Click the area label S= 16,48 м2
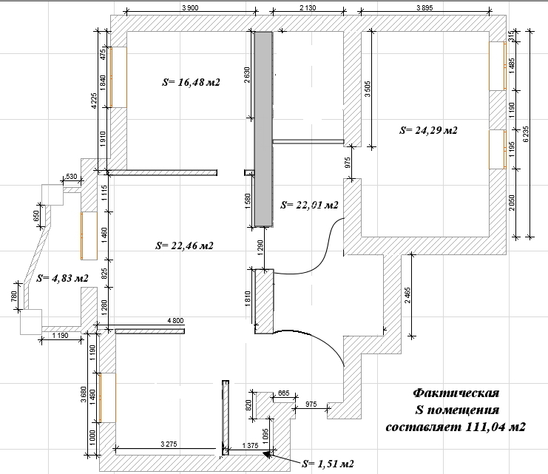[x=191, y=82]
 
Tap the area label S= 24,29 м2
[x=428, y=130]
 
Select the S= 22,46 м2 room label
[x=184, y=246]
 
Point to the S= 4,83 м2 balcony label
[x=62, y=278]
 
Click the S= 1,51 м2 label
[x=328, y=464]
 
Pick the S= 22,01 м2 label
[x=309, y=205]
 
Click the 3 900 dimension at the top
[x=190, y=7]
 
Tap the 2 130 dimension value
[x=308, y=7]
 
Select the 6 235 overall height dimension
[x=526, y=134]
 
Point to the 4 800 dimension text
[x=175, y=320]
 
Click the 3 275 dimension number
[x=169, y=444]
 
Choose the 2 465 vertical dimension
[x=407, y=295]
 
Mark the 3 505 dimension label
[x=368, y=89]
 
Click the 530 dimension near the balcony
[x=71, y=176]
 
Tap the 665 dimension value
[x=283, y=393]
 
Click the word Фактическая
[x=456, y=393]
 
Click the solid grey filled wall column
[x=263, y=129]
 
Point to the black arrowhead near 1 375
[x=268, y=454]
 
